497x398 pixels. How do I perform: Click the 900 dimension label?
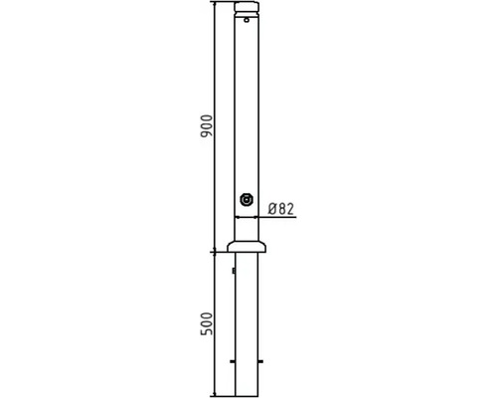point(206,126)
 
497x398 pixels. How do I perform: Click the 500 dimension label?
point(206,323)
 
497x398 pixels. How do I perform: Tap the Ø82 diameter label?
point(281,209)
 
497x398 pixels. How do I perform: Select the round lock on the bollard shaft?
point(247,200)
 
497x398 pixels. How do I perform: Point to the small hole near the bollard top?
point(247,20)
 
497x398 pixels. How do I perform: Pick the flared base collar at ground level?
point(247,247)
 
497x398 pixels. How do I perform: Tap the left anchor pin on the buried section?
point(233,361)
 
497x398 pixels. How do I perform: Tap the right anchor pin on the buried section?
point(260,361)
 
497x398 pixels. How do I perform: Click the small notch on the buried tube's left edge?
point(234,271)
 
